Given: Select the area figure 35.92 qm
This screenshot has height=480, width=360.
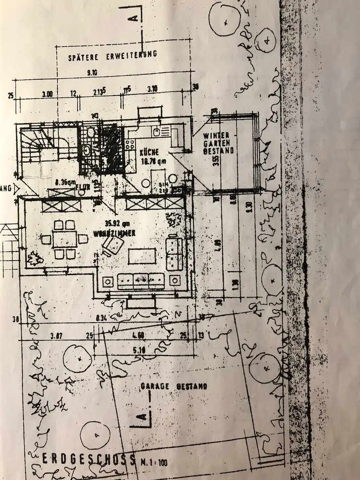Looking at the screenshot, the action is pos(119,223).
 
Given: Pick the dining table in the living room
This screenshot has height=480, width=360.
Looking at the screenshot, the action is pos(64,239).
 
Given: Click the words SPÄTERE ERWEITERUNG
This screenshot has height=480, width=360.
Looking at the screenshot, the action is pos(113,55).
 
